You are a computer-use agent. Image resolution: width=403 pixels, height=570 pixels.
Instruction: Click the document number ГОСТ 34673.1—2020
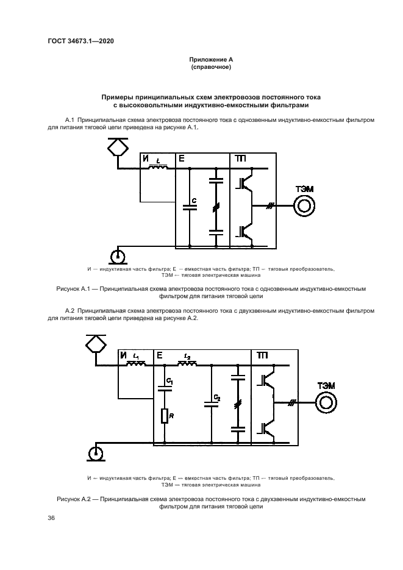[81, 41]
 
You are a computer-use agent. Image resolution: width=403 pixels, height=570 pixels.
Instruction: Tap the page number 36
[51, 518]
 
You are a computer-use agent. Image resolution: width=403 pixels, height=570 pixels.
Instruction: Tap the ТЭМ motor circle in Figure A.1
[304, 207]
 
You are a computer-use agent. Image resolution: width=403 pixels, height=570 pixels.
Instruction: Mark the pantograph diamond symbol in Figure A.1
[116, 146]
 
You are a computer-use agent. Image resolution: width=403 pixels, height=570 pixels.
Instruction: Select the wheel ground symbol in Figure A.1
[116, 255]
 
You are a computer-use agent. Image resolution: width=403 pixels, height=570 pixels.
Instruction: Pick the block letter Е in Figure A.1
[181, 159]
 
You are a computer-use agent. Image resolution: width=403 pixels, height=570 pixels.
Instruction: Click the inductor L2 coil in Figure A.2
[187, 365]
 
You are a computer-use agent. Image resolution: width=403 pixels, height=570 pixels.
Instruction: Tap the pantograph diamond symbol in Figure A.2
[95, 344]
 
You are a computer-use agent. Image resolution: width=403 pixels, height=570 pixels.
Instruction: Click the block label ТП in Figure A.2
[262, 355]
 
